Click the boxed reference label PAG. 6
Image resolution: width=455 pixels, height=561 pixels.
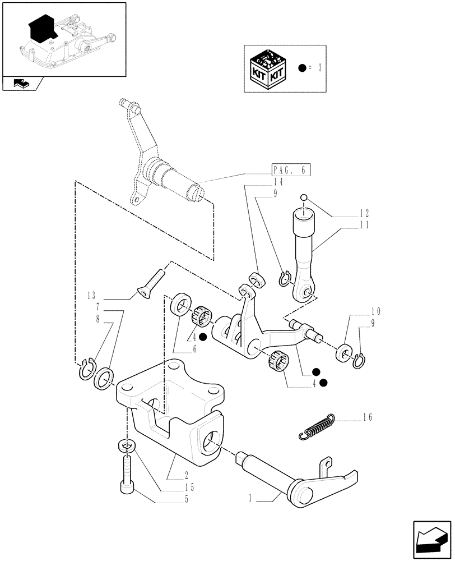pos(290,171)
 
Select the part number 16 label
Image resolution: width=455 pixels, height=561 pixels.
pos(366,417)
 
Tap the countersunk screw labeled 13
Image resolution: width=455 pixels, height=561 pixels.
pos(151,283)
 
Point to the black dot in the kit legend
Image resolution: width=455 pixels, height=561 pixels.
pos(303,68)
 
